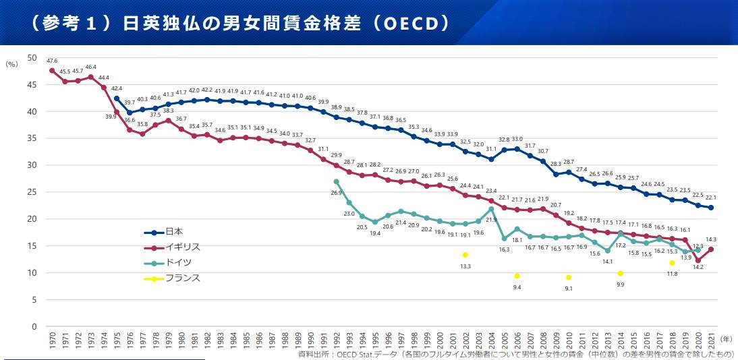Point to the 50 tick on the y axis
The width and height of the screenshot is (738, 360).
point(32,57)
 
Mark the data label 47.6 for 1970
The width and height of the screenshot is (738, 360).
point(52,61)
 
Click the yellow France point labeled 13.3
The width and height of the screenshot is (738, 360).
point(465,255)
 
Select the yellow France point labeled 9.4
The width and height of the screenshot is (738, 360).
point(517,276)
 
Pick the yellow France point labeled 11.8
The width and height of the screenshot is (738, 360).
point(672,263)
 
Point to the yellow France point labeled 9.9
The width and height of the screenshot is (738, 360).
point(620,273)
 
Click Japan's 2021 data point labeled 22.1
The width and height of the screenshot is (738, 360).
point(711,208)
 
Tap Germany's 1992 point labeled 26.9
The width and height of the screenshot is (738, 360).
point(336,181)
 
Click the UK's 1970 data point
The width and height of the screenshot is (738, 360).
point(52,70)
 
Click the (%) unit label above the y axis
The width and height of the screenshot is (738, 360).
point(11,64)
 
